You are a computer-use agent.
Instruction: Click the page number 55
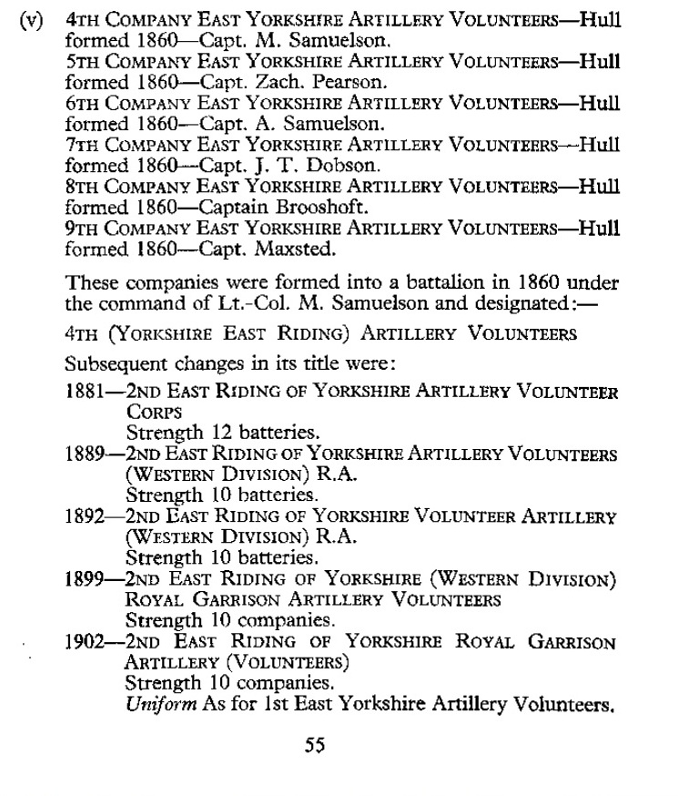[x=315, y=746]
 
